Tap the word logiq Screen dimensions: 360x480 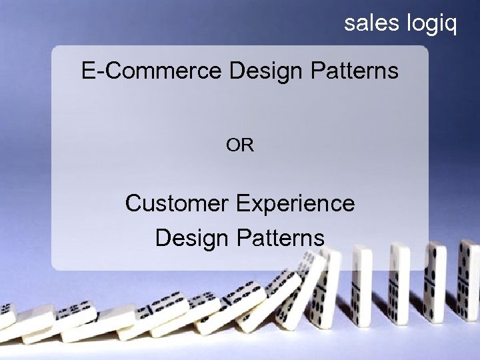[x=431, y=25]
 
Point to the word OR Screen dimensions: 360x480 [x=240, y=145]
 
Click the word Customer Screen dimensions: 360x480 [x=177, y=203]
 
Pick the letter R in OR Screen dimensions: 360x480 [x=247, y=145]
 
